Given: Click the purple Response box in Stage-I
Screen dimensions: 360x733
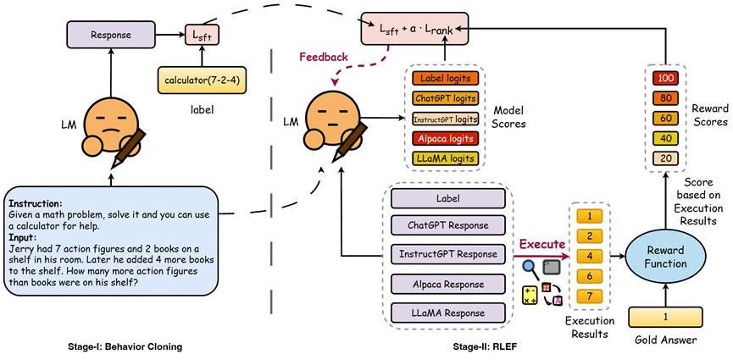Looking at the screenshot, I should (110, 36).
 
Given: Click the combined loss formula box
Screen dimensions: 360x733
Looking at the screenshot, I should (419, 30).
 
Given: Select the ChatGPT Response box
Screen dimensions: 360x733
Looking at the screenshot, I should (449, 225).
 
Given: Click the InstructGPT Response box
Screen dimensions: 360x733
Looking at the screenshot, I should (449, 254).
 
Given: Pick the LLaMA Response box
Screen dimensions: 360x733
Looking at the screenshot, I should (449, 313).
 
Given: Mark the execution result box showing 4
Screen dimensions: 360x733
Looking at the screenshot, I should (591, 255).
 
